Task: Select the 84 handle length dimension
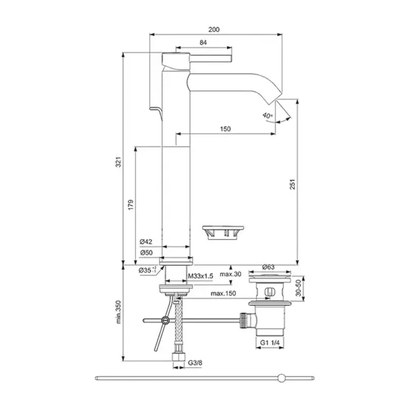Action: tap(203, 43)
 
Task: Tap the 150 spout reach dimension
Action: tap(225, 129)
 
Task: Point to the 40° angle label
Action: tap(268, 115)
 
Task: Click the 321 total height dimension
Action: tap(117, 163)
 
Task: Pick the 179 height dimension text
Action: tap(130, 205)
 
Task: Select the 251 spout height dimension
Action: tap(292, 187)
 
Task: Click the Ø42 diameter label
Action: tap(146, 242)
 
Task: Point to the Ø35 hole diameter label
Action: tap(148, 270)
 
